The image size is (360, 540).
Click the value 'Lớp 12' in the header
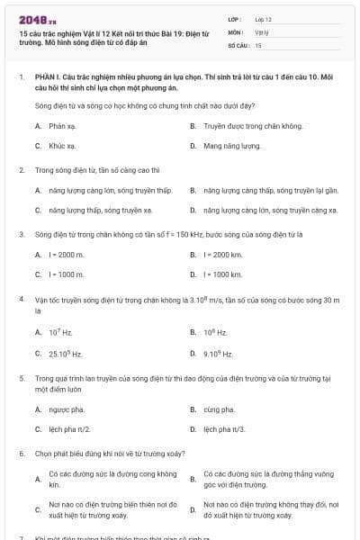[x=263, y=18]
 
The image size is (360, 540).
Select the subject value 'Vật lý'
[x=261, y=31]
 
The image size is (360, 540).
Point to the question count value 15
[x=258, y=44]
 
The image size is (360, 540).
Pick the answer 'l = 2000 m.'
[x=67, y=255]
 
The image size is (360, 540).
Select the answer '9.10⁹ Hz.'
[x=219, y=354]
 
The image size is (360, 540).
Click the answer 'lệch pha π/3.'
[x=224, y=429]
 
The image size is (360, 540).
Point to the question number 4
[x=21, y=298]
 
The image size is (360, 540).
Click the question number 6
[x=21, y=454]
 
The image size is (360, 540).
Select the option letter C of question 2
[x=38, y=210]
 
